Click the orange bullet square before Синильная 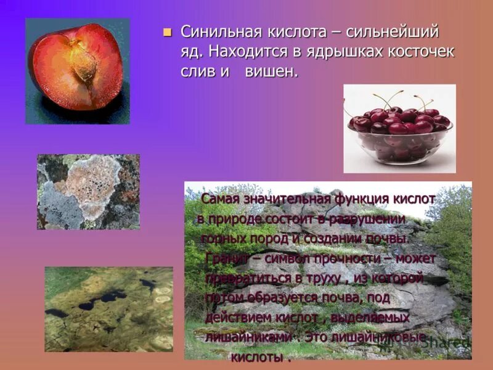point(166,33)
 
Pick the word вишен point(271,72)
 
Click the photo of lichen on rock point(88,192)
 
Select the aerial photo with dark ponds point(108,308)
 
